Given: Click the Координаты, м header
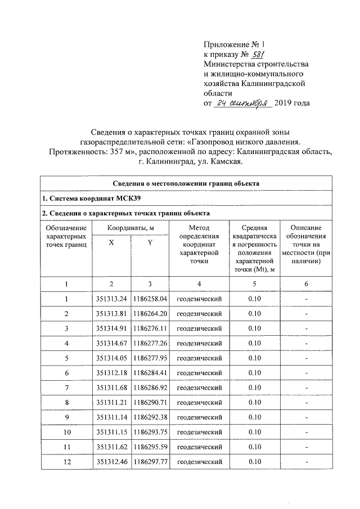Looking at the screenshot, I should pyautogui.click(x=130, y=228).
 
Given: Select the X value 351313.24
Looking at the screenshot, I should pyautogui.click(x=111, y=298).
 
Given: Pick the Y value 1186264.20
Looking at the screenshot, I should pyautogui.click(x=150, y=313).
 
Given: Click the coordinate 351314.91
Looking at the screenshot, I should pyautogui.click(x=111, y=328).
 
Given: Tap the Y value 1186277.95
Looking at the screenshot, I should pyautogui.click(x=150, y=358).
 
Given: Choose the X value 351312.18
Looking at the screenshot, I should pyautogui.click(x=111, y=373).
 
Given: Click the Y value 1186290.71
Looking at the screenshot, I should pyautogui.click(x=150, y=403).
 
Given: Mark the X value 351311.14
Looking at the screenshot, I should pyautogui.click(x=111, y=418).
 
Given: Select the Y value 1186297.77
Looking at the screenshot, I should pyautogui.click(x=150, y=462).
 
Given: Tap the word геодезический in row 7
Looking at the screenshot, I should pyautogui.click(x=199, y=388).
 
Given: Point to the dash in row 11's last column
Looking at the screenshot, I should pyautogui.click(x=306, y=448).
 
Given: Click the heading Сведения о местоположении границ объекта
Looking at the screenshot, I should pyautogui.click(x=186, y=183).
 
